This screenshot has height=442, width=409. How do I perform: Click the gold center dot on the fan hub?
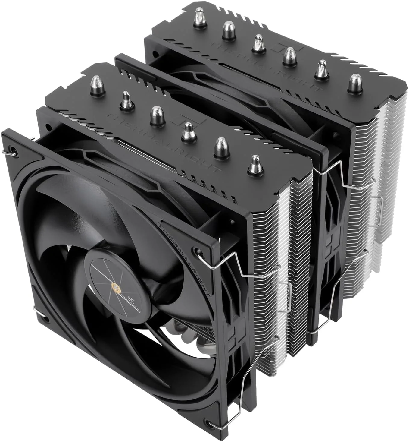[x=116, y=286]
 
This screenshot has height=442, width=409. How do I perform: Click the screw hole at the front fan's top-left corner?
[x=12, y=149]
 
